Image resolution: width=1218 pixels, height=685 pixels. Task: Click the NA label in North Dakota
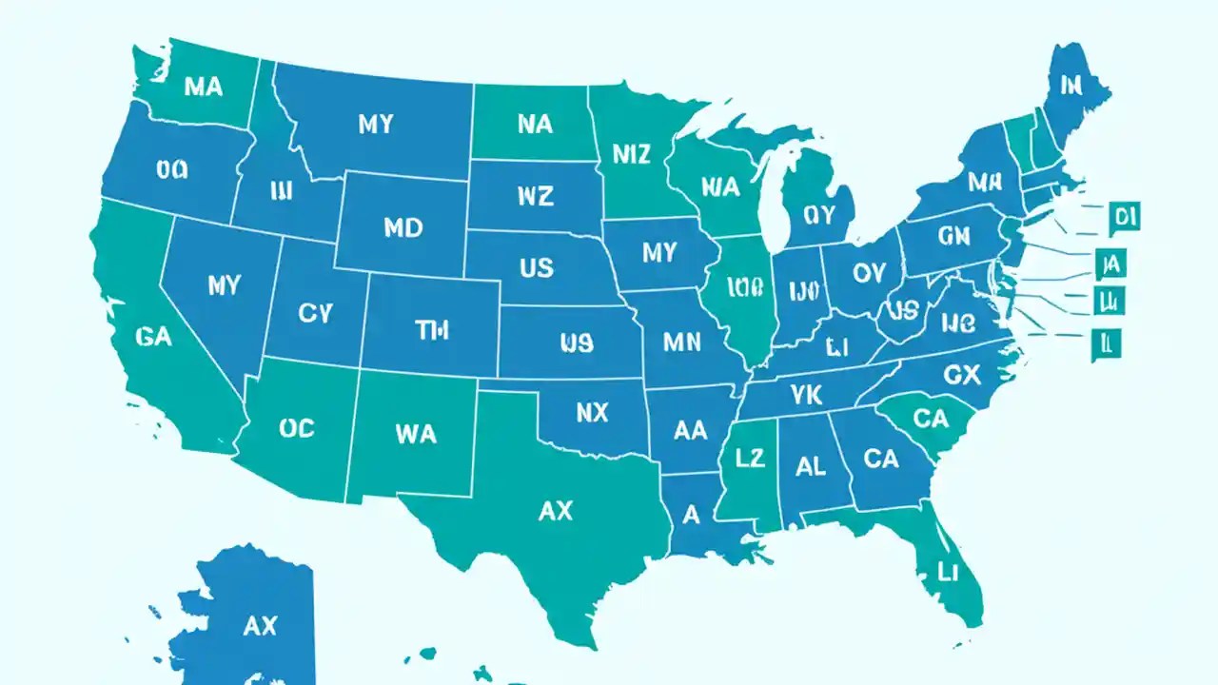tap(536, 124)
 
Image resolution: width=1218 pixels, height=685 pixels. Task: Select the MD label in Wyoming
tap(403, 228)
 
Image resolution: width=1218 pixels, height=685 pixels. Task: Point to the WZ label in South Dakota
tap(535, 196)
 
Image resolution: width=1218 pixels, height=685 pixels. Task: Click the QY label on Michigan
tap(817, 215)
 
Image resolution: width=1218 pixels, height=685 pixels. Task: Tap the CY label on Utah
tap(315, 313)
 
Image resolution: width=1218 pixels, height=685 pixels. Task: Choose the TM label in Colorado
tap(432, 330)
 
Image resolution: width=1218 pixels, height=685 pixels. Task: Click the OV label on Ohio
tap(868, 274)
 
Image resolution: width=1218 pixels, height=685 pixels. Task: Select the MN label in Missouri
tap(681, 342)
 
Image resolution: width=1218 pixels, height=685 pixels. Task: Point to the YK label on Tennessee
tap(805, 393)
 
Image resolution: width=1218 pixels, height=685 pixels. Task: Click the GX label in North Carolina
tap(961, 376)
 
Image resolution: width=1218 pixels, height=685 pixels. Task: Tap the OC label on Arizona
tap(297, 428)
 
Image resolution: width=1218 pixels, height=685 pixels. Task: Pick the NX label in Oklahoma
tap(592, 412)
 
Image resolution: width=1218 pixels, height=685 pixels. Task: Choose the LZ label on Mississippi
tap(750, 458)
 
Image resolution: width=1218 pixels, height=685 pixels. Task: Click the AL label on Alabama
tap(810, 465)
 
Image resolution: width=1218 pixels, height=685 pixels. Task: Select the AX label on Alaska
tap(259, 625)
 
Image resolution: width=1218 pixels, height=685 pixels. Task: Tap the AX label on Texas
tap(556, 511)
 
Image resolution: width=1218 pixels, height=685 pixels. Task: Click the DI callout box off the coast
tap(1124, 217)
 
